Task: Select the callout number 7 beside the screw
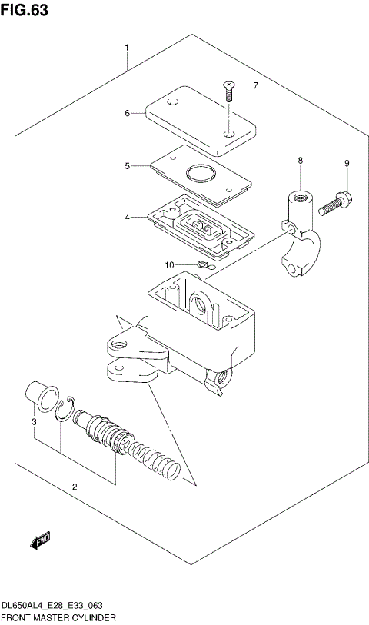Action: pyautogui.click(x=256, y=85)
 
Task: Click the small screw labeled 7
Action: pyautogui.click(x=229, y=92)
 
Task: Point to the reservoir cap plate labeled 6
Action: pyautogui.click(x=198, y=119)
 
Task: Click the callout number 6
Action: pyautogui.click(x=128, y=114)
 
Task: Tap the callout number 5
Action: pyautogui.click(x=128, y=165)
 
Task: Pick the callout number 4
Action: pyautogui.click(x=128, y=218)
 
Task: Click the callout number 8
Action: pyautogui.click(x=301, y=160)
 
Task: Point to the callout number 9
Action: pyautogui.click(x=347, y=163)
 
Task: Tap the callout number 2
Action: pyautogui.click(x=75, y=487)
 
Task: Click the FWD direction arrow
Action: pyautogui.click(x=40, y=543)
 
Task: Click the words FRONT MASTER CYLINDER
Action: pyautogui.click(x=59, y=617)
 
